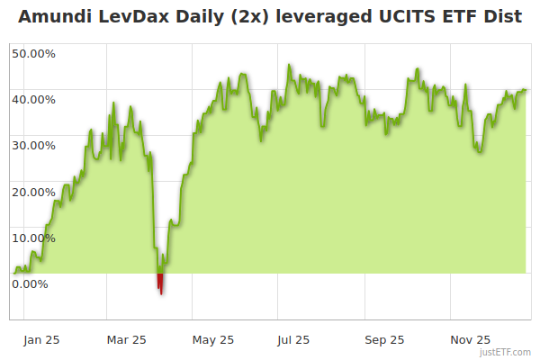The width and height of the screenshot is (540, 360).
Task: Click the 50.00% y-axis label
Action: tap(33, 53)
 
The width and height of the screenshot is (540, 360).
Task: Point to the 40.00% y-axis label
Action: tap(33, 99)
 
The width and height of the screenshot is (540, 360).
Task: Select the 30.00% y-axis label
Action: tap(33, 145)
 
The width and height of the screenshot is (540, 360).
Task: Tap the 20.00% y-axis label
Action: tap(33, 192)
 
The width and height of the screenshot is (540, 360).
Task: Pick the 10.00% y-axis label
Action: tap(33, 238)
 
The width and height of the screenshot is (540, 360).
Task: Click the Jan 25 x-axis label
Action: tap(41, 340)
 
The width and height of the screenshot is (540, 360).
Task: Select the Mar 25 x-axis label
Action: tap(126, 340)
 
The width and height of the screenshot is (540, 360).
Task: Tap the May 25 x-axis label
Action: tap(213, 340)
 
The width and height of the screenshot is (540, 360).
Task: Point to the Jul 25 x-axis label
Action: tap(293, 340)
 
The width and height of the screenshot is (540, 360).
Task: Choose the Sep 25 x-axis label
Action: tap(384, 340)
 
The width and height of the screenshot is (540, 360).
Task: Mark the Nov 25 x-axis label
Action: tap(471, 340)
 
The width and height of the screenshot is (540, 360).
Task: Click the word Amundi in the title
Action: tap(56, 17)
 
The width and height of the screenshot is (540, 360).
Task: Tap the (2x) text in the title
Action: tap(238, 17)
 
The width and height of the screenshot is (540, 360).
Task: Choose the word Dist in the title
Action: tap(503, 17)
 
